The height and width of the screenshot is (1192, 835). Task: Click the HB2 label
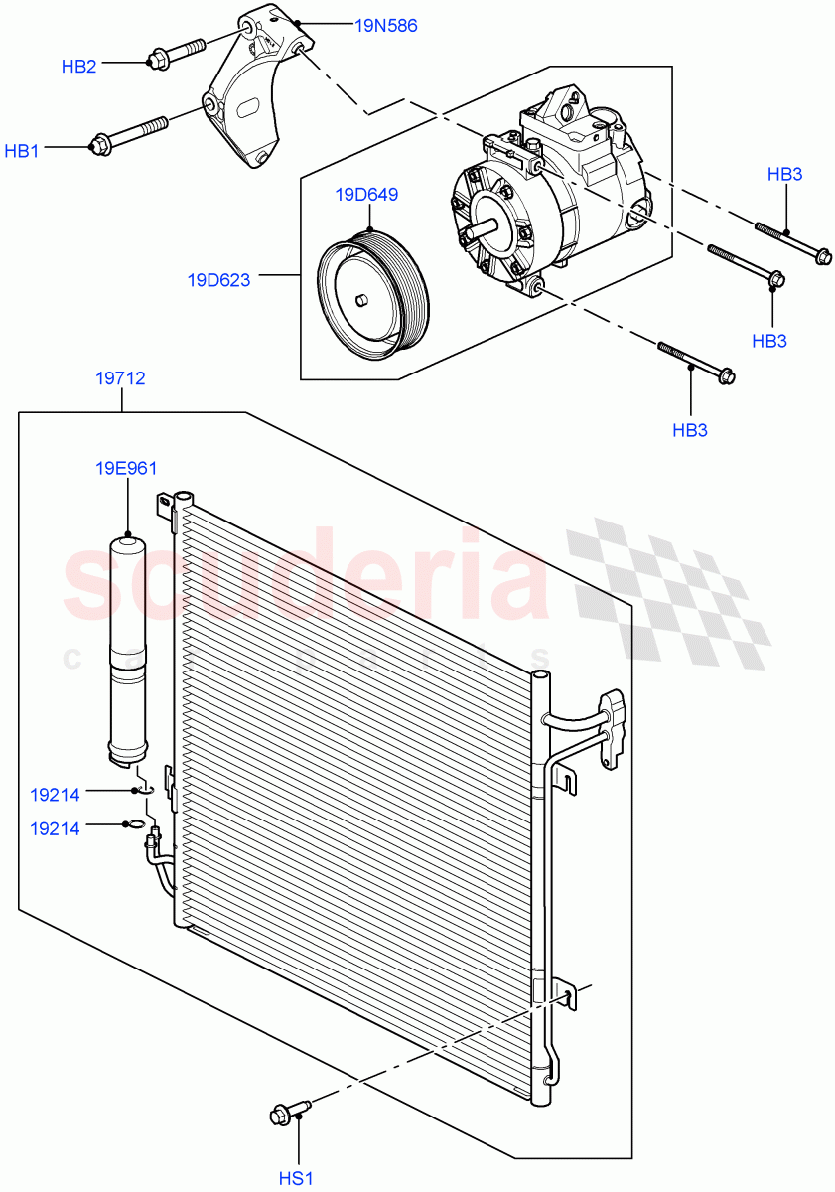tap(78, 67)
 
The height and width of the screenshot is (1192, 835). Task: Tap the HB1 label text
tap(22, 151)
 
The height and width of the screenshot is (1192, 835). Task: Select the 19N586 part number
tap(385, 26)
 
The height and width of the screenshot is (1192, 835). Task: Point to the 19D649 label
tap(366, 194)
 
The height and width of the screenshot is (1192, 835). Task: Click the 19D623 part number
tap(218, 280)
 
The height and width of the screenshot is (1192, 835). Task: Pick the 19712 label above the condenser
tap(120, 378)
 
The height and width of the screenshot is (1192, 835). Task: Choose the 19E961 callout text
tap(127, 468)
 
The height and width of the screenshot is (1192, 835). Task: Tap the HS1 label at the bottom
tap(296, 1178)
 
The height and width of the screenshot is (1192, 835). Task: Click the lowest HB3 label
tap(690, 430)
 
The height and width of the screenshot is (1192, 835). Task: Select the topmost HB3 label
tap(784, 174)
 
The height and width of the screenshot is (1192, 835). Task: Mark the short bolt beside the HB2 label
tap(176, 53)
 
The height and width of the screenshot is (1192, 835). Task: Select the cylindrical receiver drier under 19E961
tap(128, 646)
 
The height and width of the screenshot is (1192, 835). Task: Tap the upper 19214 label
tap(55, 794)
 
